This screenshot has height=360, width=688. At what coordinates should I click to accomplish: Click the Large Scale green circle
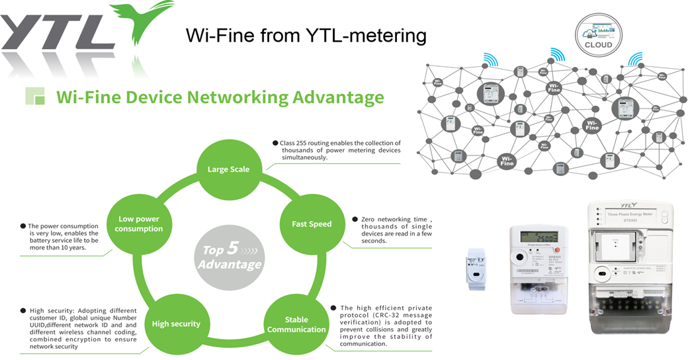[x=229, y=169]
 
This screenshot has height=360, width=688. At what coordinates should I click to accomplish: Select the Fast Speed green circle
[x=312, y=224]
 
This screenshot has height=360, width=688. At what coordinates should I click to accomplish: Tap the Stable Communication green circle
[x=296, y=324]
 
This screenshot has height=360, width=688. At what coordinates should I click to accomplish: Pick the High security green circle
[x=176, y=324]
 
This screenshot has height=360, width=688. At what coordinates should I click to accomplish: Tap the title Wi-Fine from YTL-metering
[x=306, y=35]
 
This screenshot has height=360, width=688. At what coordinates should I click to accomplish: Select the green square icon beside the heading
[x=35, y=96]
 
